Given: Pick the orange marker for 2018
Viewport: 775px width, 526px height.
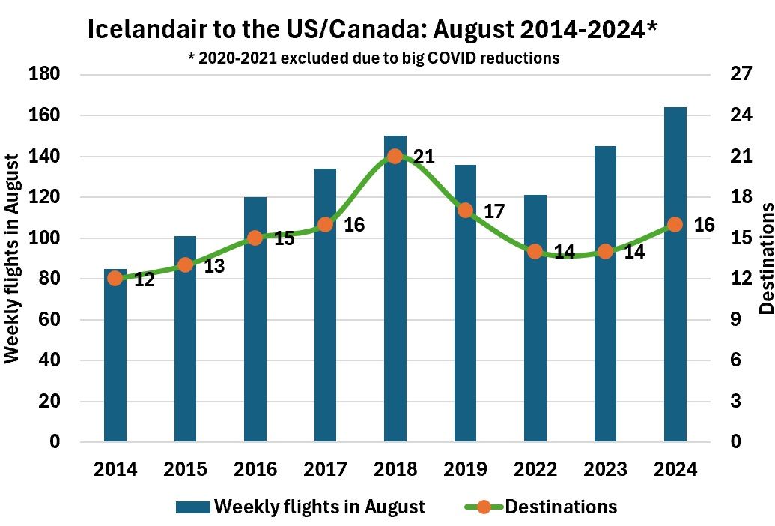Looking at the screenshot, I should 395,157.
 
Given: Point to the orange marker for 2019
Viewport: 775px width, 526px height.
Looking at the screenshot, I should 465,210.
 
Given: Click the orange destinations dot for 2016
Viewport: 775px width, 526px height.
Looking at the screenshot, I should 255,238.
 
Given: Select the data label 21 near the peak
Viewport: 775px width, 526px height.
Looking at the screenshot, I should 424,157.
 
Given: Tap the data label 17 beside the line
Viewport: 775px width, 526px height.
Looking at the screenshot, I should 494,211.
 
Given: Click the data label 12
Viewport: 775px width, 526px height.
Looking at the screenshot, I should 144,280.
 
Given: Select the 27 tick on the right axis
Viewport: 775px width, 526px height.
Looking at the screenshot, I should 729,75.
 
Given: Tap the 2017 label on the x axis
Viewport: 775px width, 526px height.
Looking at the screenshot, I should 325,470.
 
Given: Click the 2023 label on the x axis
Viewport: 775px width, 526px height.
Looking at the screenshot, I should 605,470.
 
